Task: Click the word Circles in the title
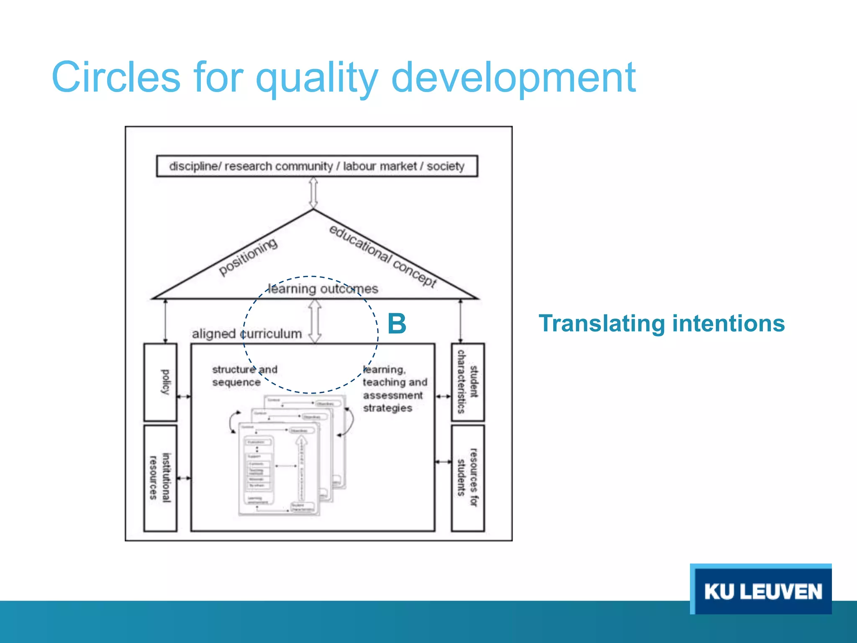click(x=116, y=77)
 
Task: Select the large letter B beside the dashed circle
click(x=397, y=324)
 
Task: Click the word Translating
click(x=602, y=324)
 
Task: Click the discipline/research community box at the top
click(x=317, y=166)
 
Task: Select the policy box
click(x=161, y=382)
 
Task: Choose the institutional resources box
click(x=161, y=478)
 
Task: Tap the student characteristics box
click(x=467, y=382)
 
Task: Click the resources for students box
click(x=467, y=478)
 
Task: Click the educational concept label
click(x=382, y=255)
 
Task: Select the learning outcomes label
click(x=323, y=289)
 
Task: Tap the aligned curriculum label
click(x=247, y=334)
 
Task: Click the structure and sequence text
click(x=244, y=376)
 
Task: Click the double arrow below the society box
click(x=313, y=193)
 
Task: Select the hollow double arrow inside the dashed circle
click(x=315, y=321)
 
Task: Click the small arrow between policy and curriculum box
click(x=184, y=396)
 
